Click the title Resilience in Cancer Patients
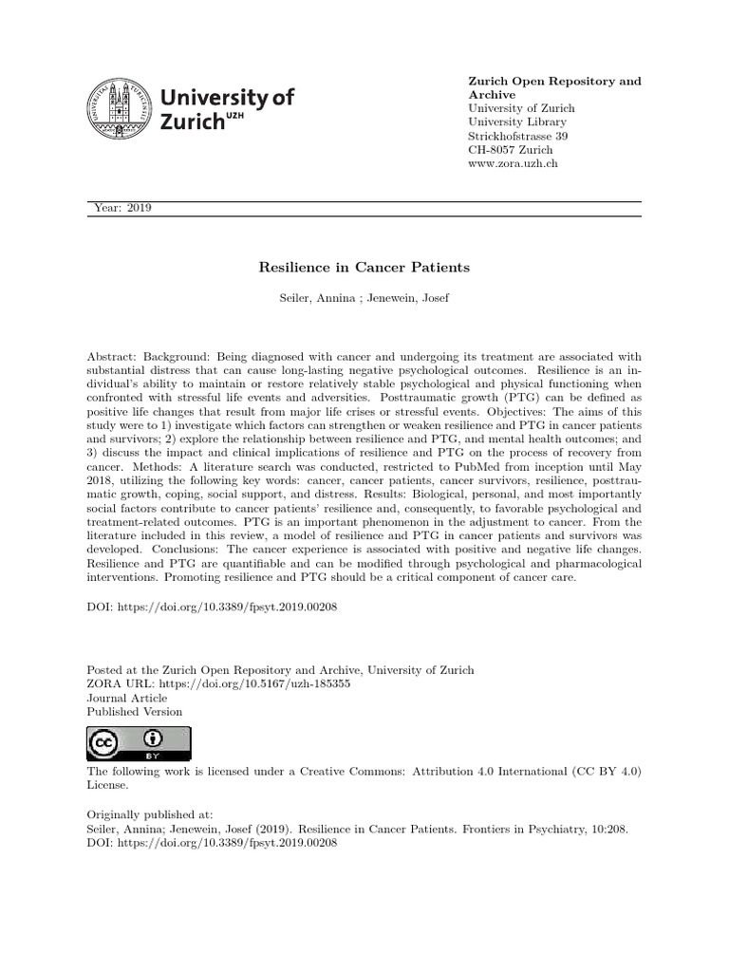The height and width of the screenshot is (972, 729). [364, 269]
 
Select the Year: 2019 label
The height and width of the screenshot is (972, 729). [124, 209]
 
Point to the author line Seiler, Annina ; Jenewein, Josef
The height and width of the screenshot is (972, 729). [364, 299]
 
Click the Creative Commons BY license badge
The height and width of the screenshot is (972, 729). [139, 743]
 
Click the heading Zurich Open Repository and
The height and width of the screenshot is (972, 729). [555, 82]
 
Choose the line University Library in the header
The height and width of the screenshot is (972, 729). [517, 122]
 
